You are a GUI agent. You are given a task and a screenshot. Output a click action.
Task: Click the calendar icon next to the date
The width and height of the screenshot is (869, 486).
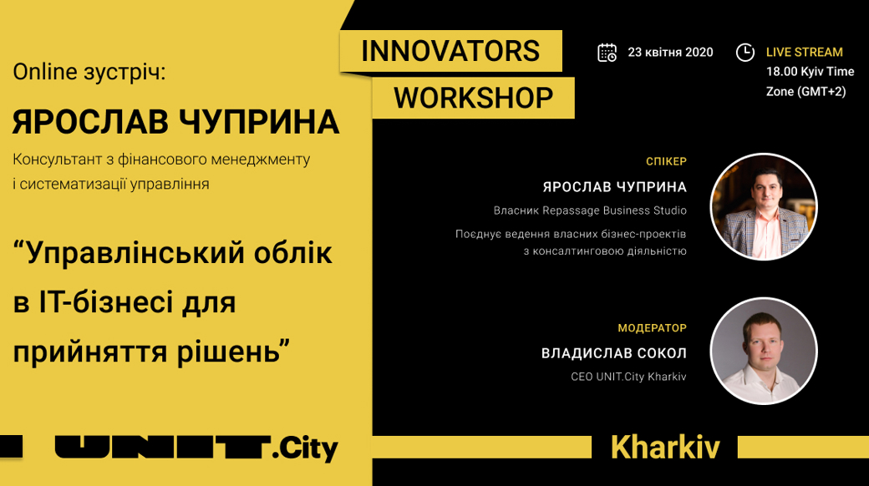tap(607, 53)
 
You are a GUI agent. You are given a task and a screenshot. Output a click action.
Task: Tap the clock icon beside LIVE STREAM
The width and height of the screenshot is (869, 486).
tap(744, 53)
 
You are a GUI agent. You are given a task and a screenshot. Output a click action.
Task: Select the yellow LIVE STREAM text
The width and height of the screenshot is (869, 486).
tap(804, 52)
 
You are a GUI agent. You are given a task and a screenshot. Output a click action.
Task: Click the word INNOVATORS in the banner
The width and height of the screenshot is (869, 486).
tap(450, 51)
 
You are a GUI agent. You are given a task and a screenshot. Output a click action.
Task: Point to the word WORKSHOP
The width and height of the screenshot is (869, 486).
tap(473, 98)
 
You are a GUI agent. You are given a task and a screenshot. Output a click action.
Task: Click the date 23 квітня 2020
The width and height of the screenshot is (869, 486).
tap(670, 52)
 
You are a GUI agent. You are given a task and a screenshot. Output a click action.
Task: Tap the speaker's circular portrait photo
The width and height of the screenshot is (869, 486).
tap(764, 207)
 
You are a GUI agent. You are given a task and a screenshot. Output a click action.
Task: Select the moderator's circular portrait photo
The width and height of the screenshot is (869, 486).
tap(764, 352)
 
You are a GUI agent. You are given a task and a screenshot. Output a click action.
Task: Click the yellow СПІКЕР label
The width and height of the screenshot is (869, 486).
tap(666, 161)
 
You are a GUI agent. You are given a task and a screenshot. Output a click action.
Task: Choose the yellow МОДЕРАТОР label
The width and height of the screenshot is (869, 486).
tap(653, 328)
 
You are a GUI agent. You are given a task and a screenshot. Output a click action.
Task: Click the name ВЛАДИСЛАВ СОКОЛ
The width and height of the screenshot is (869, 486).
tap(614, 353)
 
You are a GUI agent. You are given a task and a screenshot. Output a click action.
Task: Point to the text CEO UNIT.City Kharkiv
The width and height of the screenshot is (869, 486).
tap(628, 377)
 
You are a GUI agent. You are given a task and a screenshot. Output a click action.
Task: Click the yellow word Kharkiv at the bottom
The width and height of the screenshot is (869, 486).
tap(665, 448)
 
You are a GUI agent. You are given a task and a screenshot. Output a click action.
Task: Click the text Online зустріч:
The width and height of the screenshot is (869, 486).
tap(89, 72)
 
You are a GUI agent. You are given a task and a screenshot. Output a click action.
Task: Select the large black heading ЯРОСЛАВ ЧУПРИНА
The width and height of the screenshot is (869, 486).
tap(175, 122)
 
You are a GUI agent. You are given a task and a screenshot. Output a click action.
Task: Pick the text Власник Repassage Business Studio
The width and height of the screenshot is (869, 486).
tap(590, 210)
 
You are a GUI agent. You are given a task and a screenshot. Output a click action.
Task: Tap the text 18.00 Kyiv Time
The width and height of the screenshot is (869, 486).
tap(810, 72)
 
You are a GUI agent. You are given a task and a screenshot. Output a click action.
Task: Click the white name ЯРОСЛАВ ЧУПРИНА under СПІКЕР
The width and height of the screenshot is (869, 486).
tap(615, 187)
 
